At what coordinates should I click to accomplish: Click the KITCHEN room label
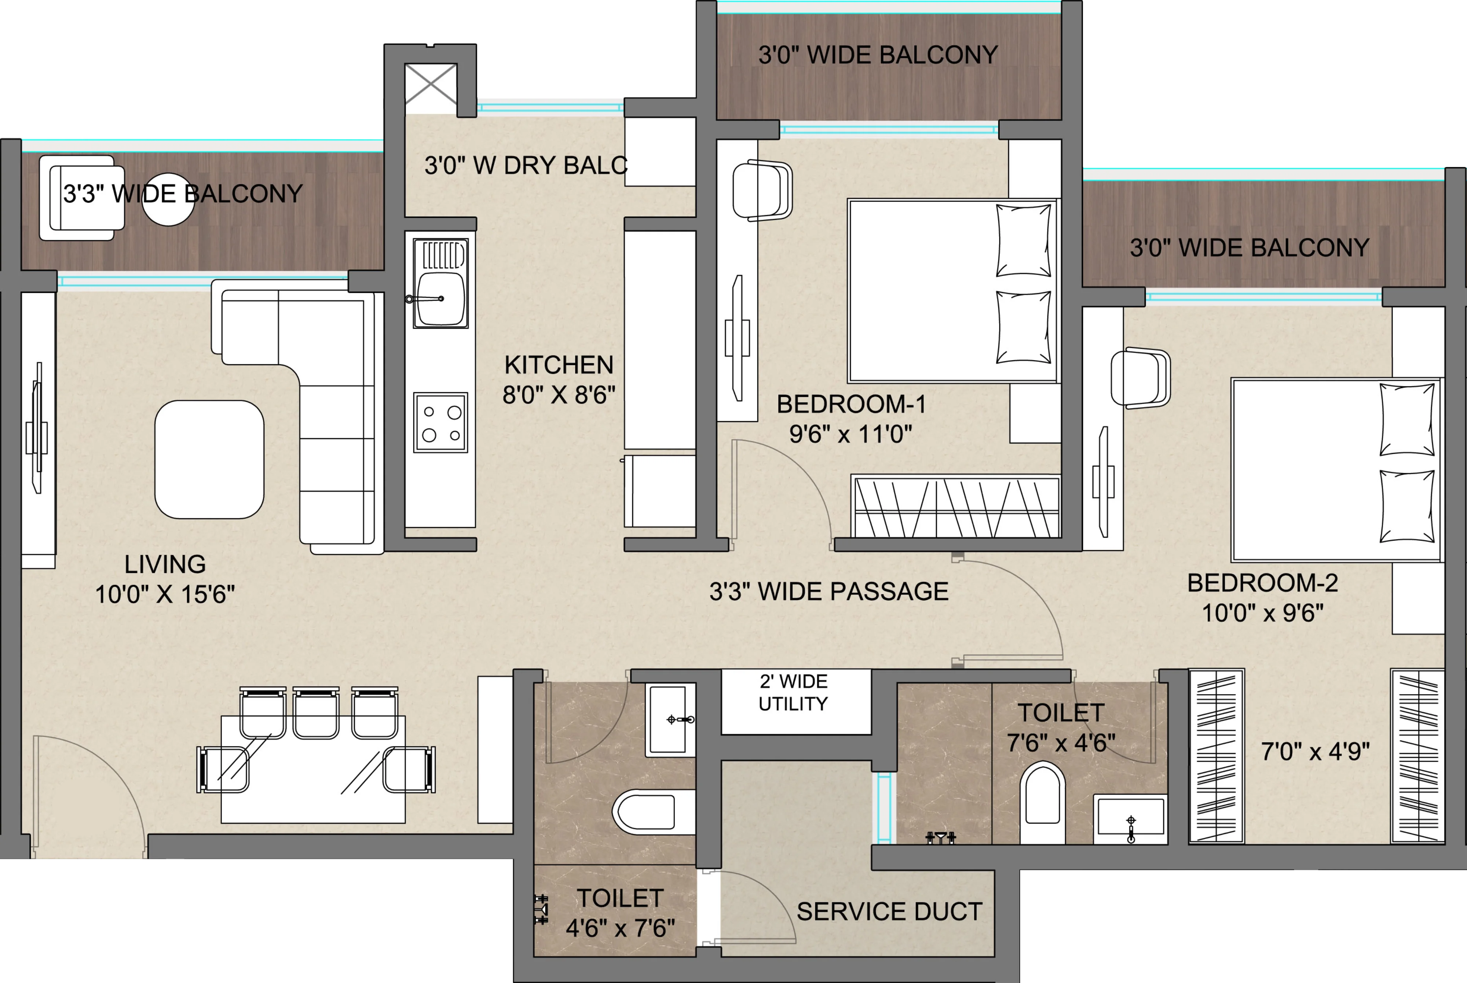559,365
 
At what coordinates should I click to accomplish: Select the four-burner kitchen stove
440,422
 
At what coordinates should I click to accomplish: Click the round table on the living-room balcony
168,199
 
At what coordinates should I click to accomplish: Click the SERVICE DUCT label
889,912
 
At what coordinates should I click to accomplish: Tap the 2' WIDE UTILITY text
793,693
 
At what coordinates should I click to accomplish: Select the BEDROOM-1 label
851,404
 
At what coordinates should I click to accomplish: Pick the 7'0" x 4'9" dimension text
1315,751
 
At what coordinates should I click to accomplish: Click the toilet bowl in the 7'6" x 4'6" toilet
1042,802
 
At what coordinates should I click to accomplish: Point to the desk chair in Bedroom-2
1140,378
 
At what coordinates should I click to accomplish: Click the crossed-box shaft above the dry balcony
431,84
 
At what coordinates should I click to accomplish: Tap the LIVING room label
165,564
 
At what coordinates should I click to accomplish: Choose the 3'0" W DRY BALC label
526,166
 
